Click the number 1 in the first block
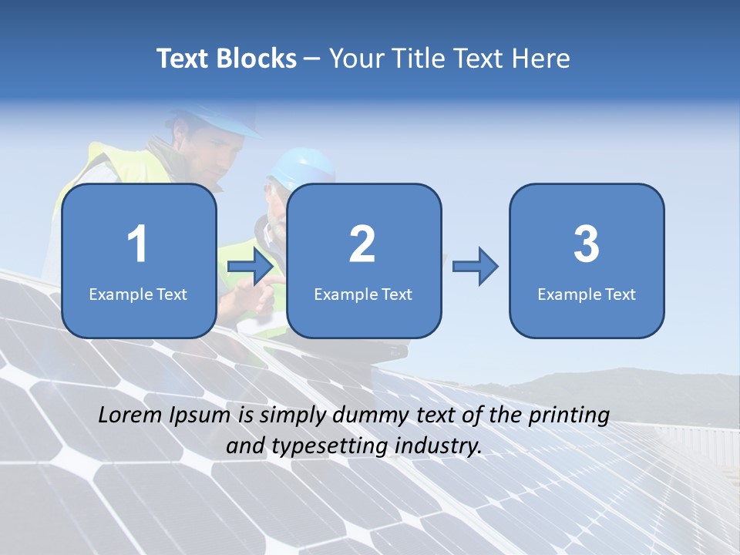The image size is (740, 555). tap(137, 244)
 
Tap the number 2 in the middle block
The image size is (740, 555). tap(362, 244)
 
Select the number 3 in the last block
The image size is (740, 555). tap(587, 244)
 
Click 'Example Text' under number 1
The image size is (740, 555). tap(138, 294)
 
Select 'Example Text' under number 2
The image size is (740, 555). tap(363, 294)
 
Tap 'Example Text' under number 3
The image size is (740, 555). tap(587, 294)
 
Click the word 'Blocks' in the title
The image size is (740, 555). tap(255, 59)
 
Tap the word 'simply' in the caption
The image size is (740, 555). tap(294, 415)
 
